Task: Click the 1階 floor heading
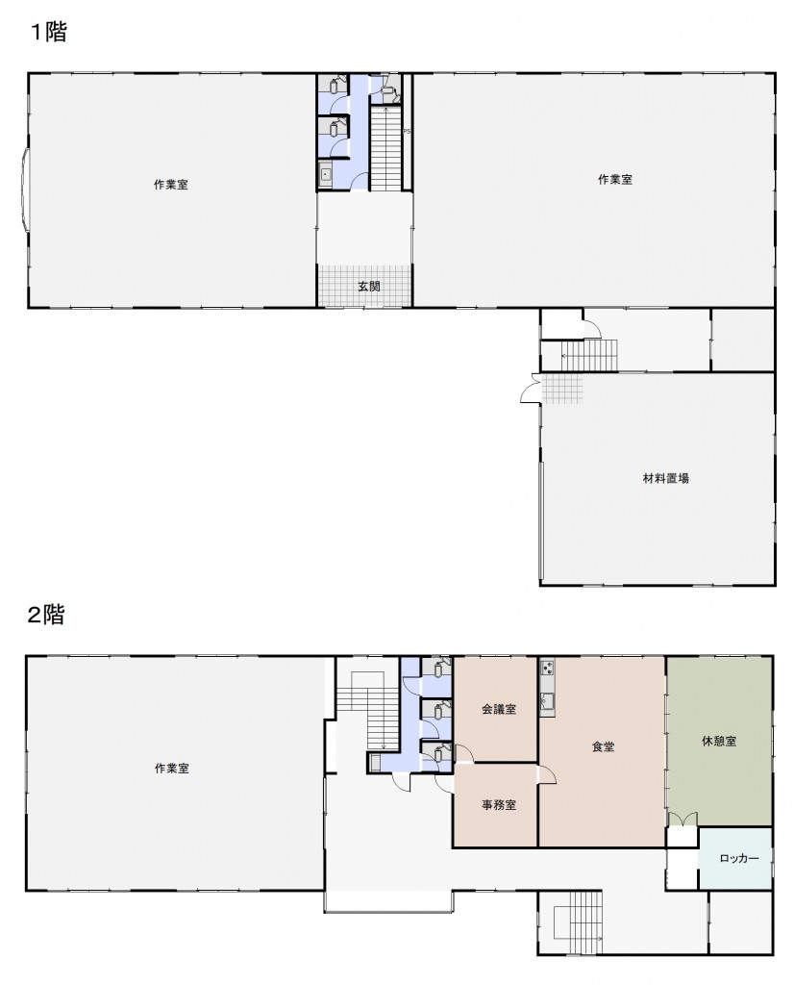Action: click(49, 32)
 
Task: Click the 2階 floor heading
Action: click(46, 615)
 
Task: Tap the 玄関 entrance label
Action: click(369, 287)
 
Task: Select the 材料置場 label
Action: click(666, 478)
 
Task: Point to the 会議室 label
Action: click(499, 709)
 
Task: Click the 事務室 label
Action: click(499, 805)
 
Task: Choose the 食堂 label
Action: click(603, 746)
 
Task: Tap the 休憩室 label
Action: click(719, 742)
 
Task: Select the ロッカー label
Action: click(739, 858)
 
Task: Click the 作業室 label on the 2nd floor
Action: click(171, 769)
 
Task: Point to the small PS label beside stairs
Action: click(407, 131)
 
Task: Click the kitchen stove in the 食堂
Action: click(547, 667)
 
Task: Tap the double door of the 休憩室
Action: click(682, 820)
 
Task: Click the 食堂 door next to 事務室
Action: click(547, 774)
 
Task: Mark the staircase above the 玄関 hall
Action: click(385, 147)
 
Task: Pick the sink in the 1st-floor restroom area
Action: click(325, 173)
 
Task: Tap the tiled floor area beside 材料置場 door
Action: click(562, 389)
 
